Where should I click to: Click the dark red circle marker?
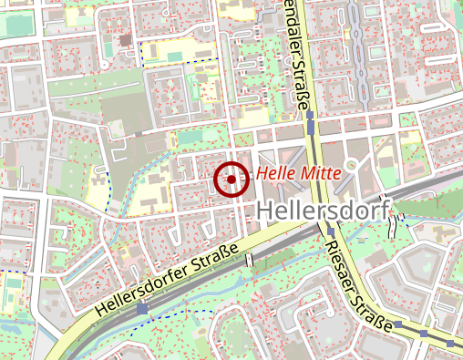pyautogui.click(x=231, y=180)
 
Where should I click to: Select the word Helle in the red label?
pyautogui.click(x=275, y=172)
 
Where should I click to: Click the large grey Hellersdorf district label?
pyautogui.click(x=322, y=211)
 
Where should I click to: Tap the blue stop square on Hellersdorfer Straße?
pyautogui.click(x=142, y=310)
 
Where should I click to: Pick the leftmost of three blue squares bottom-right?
pyautogui.click(x=398, y=323)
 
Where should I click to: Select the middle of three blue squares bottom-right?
pyautogui.click(x=424, y=333)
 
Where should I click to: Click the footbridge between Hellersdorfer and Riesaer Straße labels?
pyautogui.click(x=248, y=260)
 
